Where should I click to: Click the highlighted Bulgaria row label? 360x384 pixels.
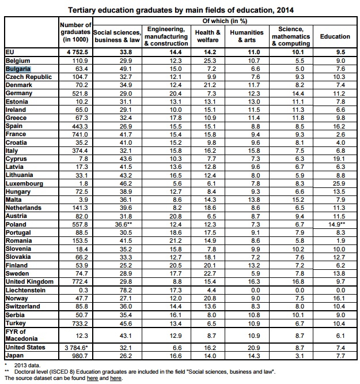(x=18, y=69)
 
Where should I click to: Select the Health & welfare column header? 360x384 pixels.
(x=207, y=36)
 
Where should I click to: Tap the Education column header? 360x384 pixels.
(x=335, y=36)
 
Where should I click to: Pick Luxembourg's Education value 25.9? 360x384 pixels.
(x=339, y=183)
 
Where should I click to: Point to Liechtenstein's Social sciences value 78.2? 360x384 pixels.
(x=126, y=290)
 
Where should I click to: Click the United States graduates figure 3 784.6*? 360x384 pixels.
(x=77, y=348)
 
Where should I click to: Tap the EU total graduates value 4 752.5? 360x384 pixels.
(x=77, y=52)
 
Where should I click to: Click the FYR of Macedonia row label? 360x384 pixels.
(x=21, y=335)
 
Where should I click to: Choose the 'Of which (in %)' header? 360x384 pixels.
(x=225, y=21)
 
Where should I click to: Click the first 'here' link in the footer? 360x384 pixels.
(x=92, y=378)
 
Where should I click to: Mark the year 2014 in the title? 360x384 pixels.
(x=285, y=10)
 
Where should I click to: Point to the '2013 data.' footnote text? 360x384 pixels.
(x=27, y=366)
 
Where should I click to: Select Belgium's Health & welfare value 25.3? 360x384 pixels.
(x=210, y=61)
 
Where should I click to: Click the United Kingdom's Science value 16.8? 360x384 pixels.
(x=298, y=281)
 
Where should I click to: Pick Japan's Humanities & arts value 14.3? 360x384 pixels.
(x=254, y=356)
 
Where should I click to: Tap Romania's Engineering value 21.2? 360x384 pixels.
(x=176, y=241)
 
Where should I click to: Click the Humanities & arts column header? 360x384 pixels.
(x=247, y=36)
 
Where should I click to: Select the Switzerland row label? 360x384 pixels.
(x=23, y=306)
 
